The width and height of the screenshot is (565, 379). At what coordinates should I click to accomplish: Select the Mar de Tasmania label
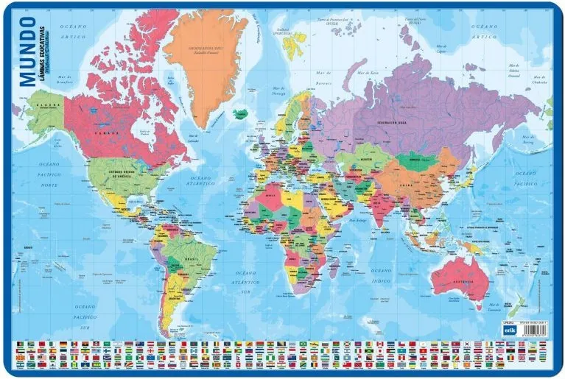516,308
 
